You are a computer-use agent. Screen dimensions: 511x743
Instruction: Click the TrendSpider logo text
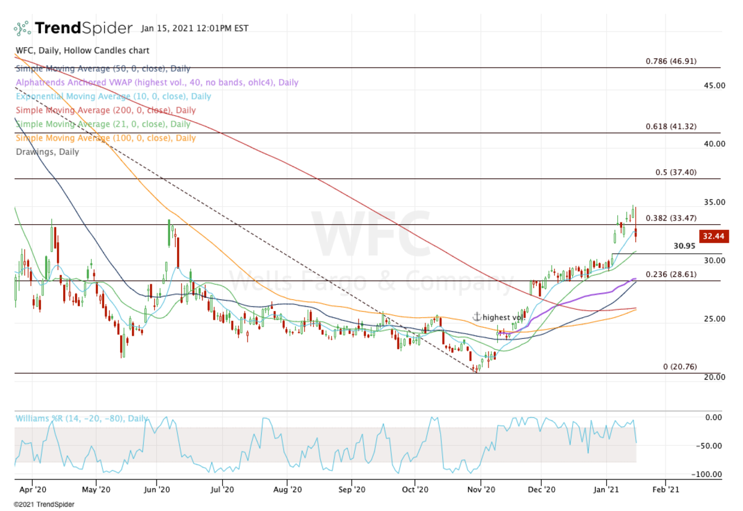(x=83, y=28)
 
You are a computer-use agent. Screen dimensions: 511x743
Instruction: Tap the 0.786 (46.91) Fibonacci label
(x=671, y=61)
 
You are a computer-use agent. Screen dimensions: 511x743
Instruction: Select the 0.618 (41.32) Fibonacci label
(x=671, y=126)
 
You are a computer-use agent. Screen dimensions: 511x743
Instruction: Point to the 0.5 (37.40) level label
(x=676, y=172)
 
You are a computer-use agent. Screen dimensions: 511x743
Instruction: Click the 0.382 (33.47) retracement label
(x=671, y=218)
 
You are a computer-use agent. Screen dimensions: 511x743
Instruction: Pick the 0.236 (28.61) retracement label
(x=671, y=274)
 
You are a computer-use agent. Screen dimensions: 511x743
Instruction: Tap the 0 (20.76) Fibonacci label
(x=680, y=367)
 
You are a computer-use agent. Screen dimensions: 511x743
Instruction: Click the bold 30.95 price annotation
(x=685, y=246)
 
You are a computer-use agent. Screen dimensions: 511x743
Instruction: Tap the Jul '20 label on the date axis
(x=221, y=488)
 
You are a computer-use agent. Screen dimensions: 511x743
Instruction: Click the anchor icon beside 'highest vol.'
(x=477, y=317)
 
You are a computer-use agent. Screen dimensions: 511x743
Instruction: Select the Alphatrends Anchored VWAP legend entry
(x=157, y=82)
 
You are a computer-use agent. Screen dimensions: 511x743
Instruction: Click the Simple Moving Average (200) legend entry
(x=105, y=110)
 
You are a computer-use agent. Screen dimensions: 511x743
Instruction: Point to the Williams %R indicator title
(x=81, y=419)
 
